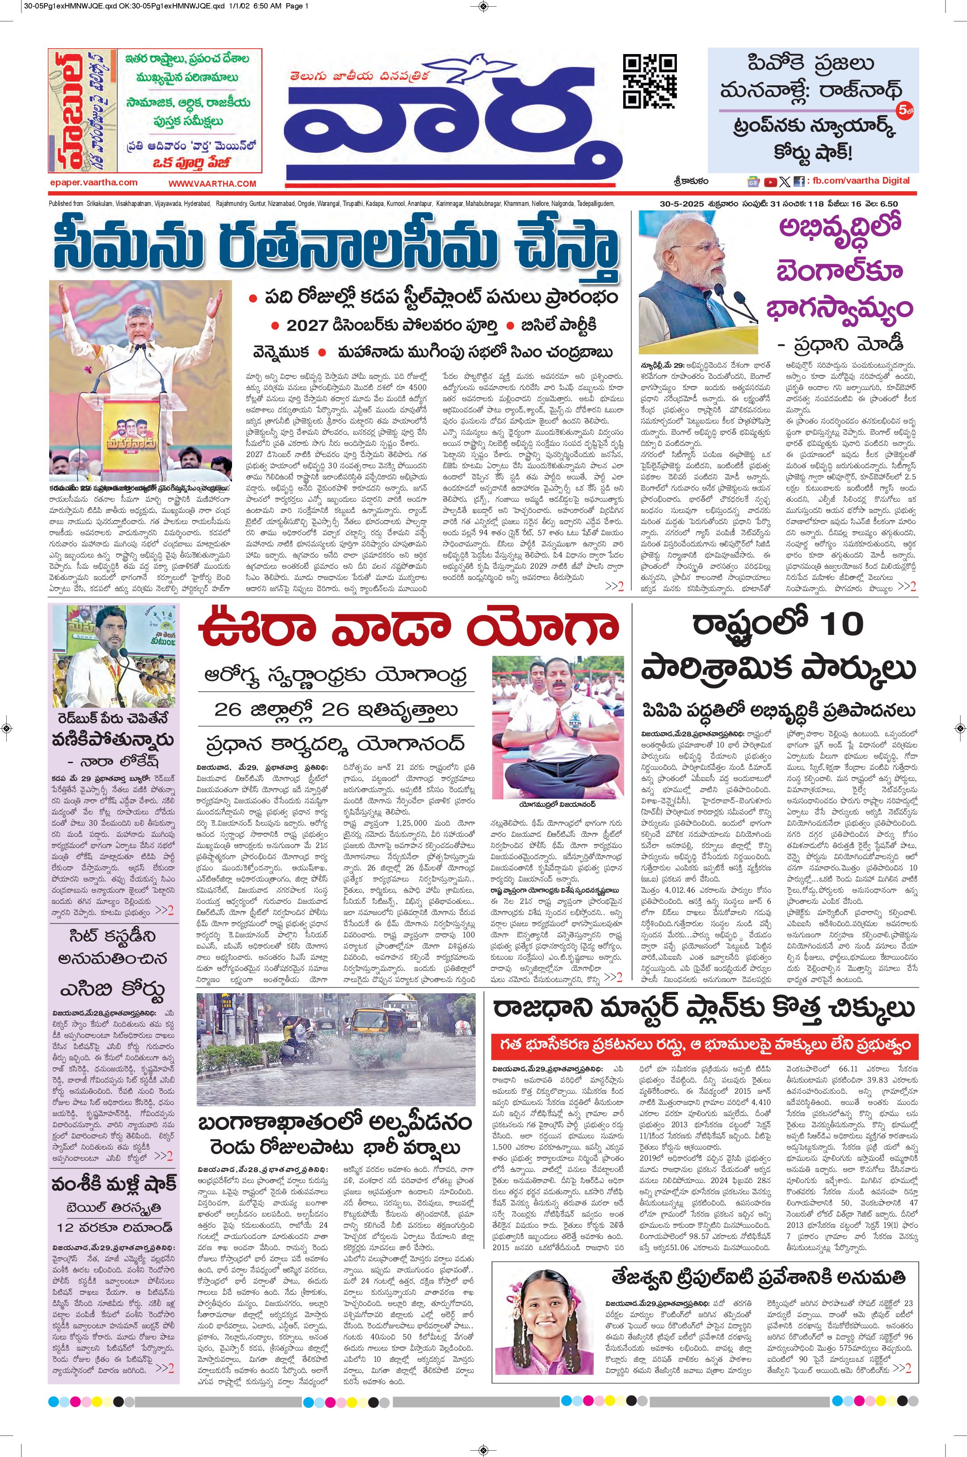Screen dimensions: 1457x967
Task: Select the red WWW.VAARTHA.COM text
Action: tap(212, 184)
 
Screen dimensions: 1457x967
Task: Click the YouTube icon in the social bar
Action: tap(770, 182)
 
